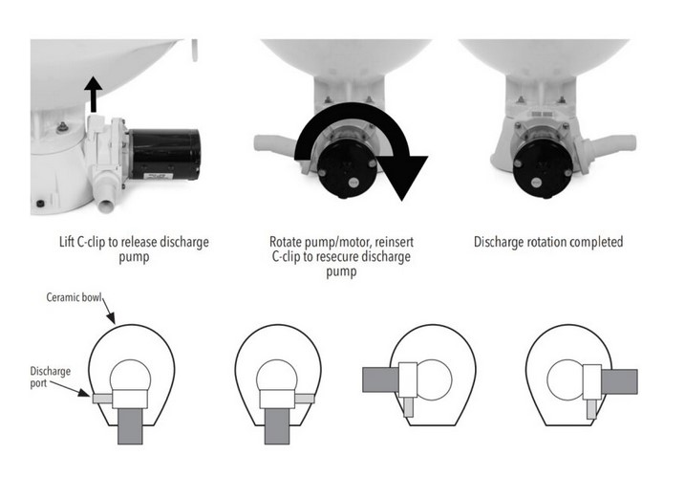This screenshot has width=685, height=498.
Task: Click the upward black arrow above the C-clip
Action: point(93,95)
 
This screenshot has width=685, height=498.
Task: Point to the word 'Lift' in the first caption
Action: point(70,242)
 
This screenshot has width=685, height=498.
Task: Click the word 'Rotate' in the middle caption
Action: point(290,242)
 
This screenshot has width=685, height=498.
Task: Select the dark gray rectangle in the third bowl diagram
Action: point(379,379)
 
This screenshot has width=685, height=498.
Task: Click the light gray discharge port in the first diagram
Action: point(101,396)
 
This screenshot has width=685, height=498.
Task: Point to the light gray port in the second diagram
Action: point(304,396)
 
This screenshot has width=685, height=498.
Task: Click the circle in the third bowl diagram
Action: point(435,379)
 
